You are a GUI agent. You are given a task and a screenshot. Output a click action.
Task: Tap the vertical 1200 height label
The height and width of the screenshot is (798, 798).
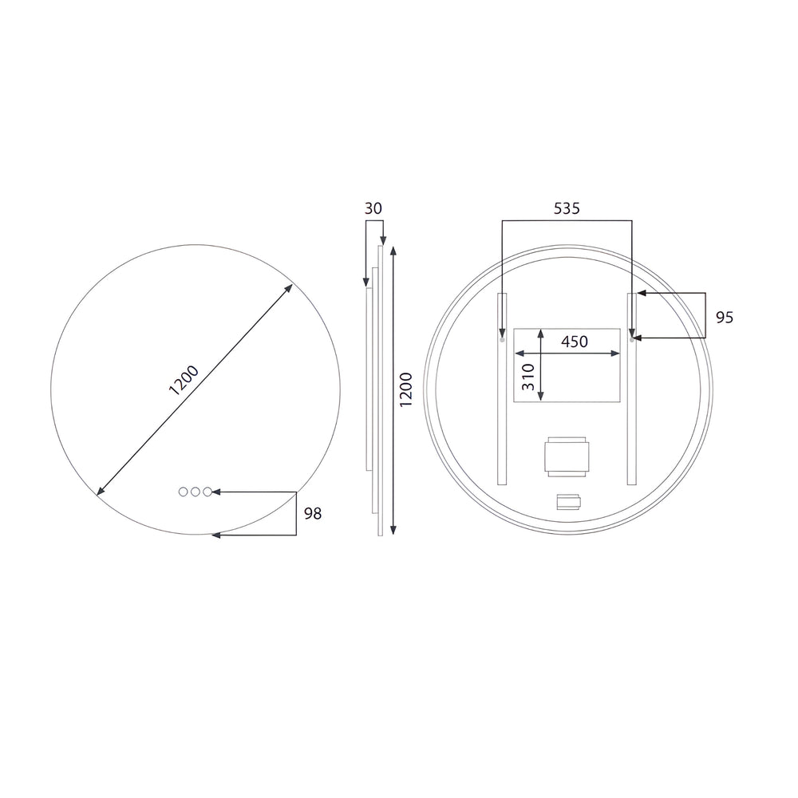405,389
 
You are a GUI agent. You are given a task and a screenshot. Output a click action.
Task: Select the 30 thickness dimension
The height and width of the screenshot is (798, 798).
373,208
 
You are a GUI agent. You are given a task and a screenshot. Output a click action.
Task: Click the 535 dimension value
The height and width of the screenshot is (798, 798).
567,208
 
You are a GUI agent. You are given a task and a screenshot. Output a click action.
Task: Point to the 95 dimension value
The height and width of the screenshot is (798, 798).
724,317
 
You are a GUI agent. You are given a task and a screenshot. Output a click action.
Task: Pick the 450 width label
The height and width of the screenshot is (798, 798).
574,342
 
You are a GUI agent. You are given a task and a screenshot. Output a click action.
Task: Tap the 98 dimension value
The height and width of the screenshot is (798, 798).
313,513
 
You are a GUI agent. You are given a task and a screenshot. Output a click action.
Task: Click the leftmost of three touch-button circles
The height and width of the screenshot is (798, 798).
183,492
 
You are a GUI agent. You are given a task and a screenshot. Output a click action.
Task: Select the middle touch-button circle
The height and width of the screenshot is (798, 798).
196,492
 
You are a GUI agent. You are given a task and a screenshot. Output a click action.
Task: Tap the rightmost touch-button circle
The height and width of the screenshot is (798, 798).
208,492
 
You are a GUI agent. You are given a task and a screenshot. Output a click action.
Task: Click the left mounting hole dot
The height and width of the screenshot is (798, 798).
502,339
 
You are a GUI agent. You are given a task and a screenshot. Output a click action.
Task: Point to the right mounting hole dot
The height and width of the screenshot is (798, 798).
632,339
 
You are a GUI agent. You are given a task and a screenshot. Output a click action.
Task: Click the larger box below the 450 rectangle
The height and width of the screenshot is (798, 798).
567,457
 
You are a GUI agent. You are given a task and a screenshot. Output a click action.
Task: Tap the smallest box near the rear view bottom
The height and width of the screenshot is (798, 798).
569,502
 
